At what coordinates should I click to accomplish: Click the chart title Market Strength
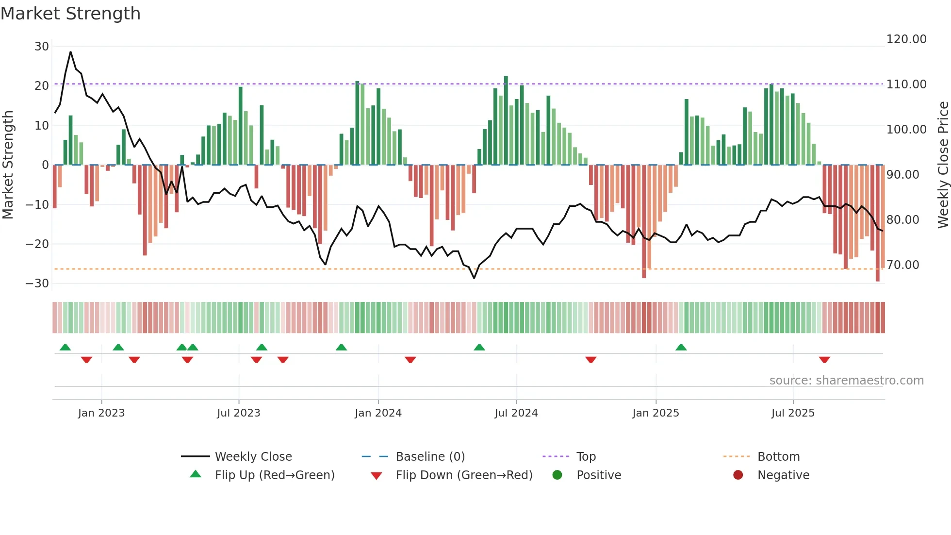[70, 14]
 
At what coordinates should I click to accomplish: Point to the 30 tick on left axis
[42, 47]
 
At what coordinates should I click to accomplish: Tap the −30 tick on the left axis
[37, 284]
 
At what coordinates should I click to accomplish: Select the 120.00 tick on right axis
[906, 39]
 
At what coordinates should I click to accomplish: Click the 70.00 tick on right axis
[902, 265]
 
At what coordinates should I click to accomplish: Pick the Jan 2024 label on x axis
[378, 413]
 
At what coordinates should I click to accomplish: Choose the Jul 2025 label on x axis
[793, 413]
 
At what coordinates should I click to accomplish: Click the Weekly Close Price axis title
[943, 165]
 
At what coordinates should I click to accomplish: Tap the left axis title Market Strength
[8, 165]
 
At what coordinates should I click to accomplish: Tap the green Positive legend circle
[557, 475]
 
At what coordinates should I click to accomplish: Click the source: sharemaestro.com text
[846, 381]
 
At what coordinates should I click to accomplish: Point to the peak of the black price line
[70, 52]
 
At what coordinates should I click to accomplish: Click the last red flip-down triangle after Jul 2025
[824, 360]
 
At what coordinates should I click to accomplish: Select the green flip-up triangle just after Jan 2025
[681, 347]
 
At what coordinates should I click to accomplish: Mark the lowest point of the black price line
[474, 278]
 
